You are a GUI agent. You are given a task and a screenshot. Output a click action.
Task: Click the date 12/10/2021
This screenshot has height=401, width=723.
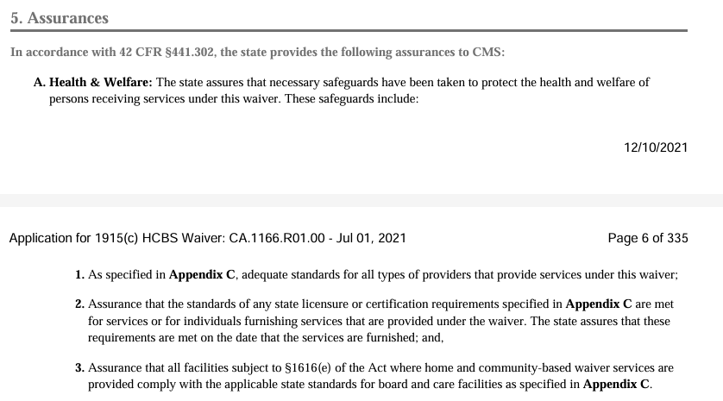tap(656, 147)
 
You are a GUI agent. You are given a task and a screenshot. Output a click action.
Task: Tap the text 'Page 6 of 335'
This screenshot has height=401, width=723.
tap(648, 238)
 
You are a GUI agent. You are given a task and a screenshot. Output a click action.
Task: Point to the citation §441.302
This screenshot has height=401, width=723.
tap(192, 53)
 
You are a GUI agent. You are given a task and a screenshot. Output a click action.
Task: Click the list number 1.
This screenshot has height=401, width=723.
tap(79, 275)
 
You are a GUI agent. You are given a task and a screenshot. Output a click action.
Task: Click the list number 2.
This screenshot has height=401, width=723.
tap(79, 304)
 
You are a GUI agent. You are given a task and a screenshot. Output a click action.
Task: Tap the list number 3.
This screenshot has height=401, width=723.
tap(79, 367)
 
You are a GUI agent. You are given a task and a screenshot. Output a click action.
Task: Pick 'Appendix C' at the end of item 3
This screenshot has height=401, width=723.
tap(616, 384)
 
